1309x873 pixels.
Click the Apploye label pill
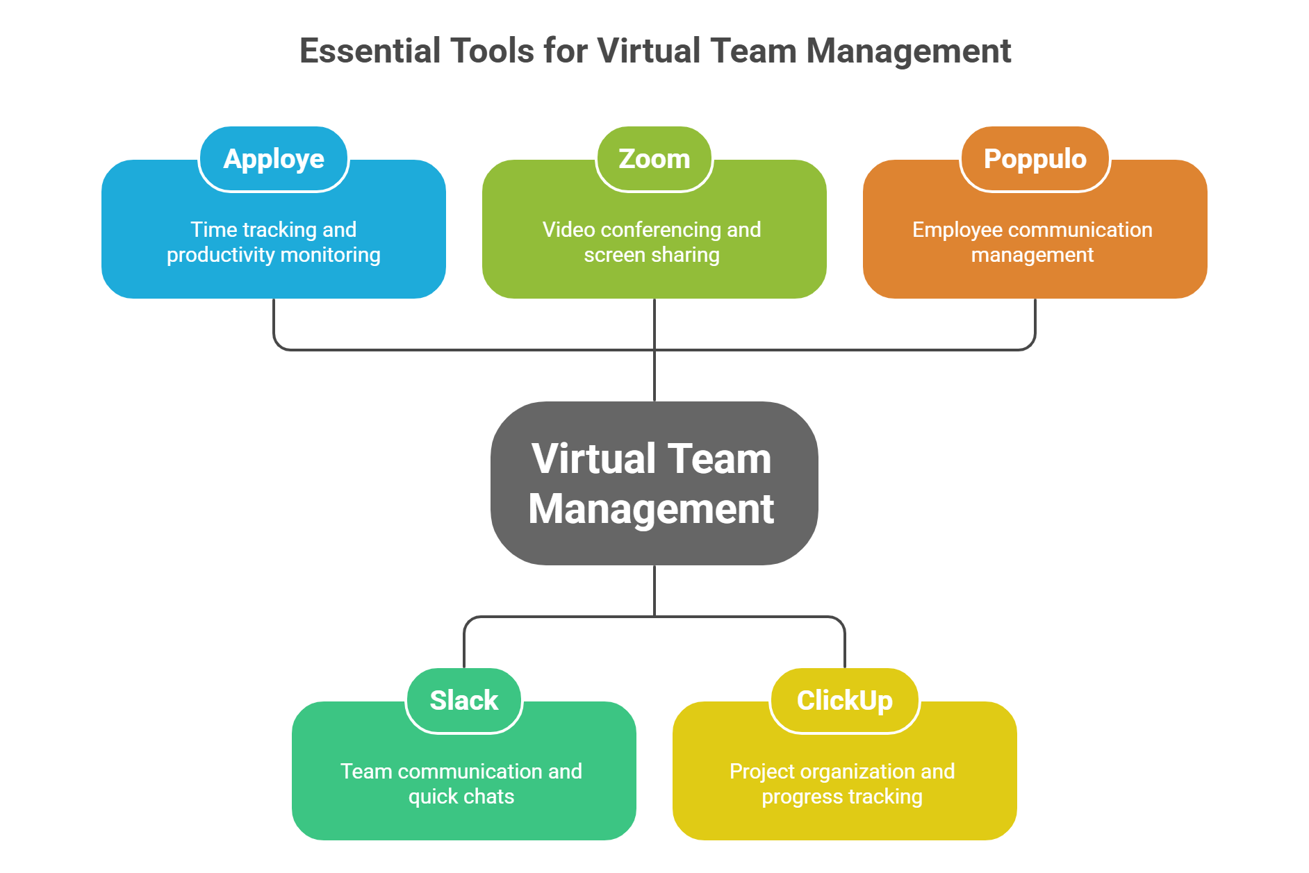273,159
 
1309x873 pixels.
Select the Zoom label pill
654,159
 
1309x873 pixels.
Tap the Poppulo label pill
1035,159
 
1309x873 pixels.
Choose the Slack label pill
464,700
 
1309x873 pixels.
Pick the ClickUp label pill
844,700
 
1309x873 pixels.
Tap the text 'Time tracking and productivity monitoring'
273,242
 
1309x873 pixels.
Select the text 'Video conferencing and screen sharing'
652,242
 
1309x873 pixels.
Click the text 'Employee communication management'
1032,242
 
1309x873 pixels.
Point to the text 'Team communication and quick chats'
461,783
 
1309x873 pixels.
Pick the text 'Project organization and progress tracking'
842,783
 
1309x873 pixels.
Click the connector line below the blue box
274,323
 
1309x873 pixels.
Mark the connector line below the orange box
1035,323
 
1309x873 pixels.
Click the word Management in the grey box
651,509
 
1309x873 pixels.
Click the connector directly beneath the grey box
654,590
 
